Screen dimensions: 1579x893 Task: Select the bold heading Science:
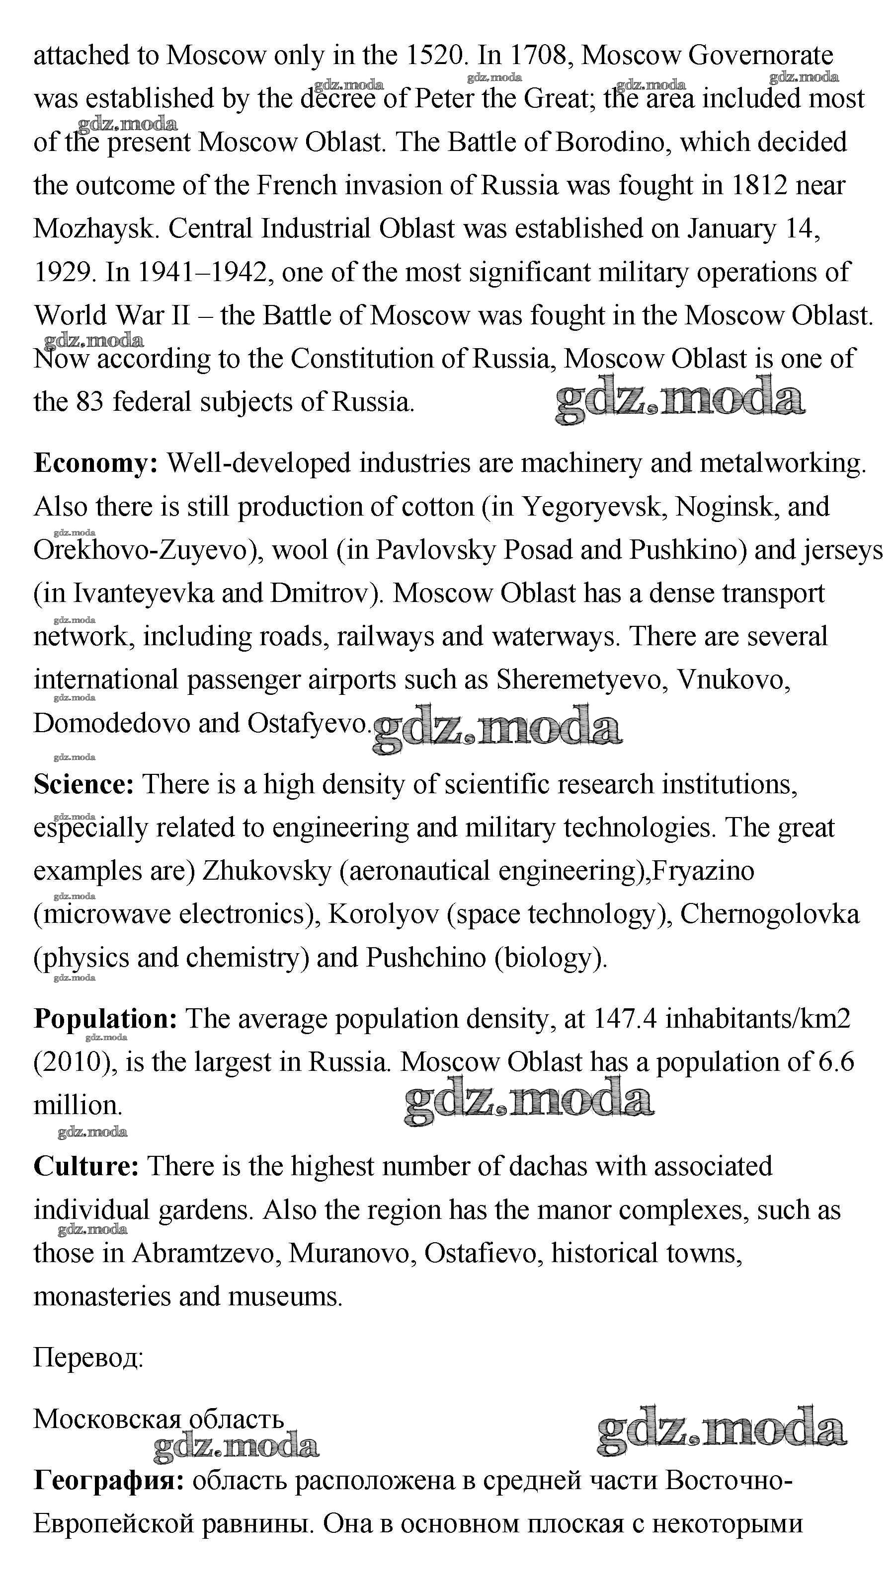(x=83, y=785)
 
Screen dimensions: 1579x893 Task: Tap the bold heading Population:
(x=105, y=1019)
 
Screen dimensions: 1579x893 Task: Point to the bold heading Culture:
(x=86, y=1166)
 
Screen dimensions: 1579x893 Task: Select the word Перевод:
(x=88, y=1358)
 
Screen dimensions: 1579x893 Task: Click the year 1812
(x=759, y=185)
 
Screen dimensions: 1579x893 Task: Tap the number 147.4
(x=625, y=1019)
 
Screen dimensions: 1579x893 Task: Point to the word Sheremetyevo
(x=581, y=680)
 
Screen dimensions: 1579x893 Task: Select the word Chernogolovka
(x=770, y=914)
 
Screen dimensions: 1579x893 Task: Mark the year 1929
(x=65, y=272)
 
